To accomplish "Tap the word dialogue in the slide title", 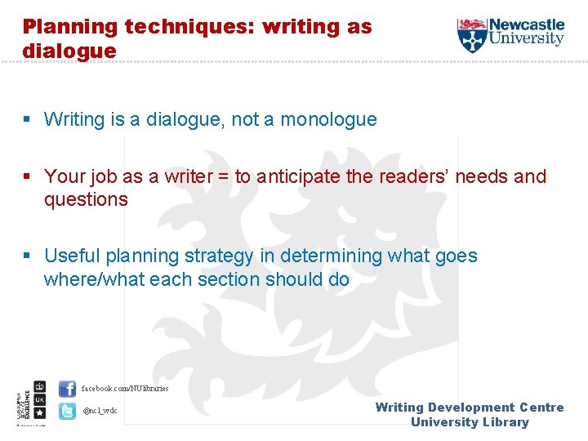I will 69,51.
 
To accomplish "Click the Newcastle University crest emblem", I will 471,34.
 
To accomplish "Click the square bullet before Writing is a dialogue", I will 29,120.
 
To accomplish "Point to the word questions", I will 86,199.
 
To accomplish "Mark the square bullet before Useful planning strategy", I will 29,256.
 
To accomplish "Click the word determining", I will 332,256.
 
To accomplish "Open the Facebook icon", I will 67,389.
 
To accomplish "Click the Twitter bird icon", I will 67,410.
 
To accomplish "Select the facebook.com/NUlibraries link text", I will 125,388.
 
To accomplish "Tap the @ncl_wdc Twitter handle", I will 100,410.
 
